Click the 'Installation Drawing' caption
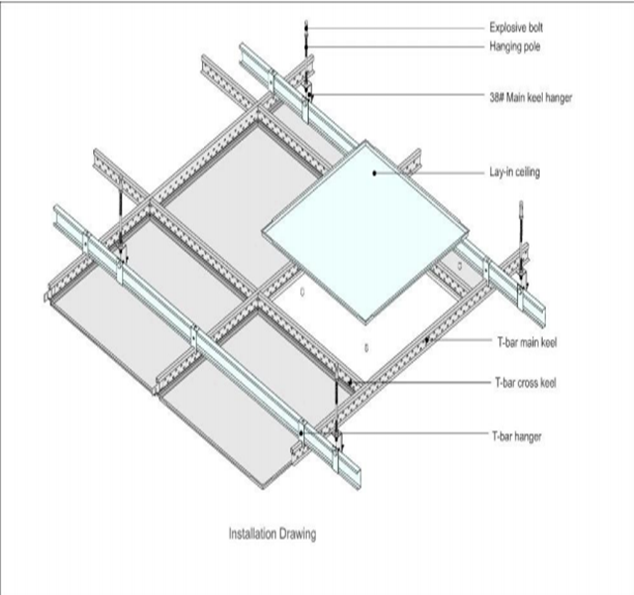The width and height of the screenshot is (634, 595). [x=272, y=534]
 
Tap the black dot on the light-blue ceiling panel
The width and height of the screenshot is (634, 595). [x=375, y=173]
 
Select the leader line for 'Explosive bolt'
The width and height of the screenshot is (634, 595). [x=396, y=27]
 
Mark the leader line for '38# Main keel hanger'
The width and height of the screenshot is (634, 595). [x=396, y=96]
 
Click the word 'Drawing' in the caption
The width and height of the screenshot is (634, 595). [x=296, y=534]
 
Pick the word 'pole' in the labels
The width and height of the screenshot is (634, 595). [x=536, y=46]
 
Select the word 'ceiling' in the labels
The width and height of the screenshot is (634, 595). [x=527, y=173]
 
